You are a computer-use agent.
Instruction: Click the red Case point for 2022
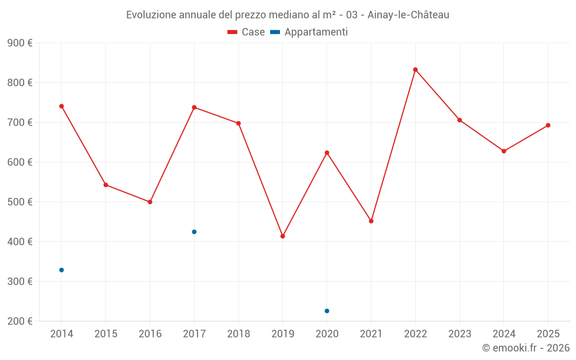click(x=415, y=70)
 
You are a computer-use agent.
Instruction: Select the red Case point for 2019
click(x=283, y=236)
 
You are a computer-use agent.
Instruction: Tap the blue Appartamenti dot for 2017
click(x=194, y=232)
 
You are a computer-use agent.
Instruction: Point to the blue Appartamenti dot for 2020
click(x=327, y=311)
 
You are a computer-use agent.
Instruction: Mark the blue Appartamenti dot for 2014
click(x=62, y=270)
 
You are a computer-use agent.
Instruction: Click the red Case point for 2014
click(x=62, y=106)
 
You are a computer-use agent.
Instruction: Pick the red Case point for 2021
click(x=371, y=221)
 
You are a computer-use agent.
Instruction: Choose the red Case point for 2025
click(x=548, y=125)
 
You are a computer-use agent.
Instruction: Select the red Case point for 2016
click(x=150, y=202)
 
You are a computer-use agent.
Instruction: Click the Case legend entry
click(x=247, y=32)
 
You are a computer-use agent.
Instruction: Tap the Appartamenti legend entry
click(x=309, y=32)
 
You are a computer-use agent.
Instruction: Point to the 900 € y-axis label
click(x=20, y=43)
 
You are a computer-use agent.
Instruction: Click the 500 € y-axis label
click(x=20, y=202)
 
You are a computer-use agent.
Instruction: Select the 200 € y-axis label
click(x=20, y=321)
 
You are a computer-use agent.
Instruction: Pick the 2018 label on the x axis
click(x=238, y=334)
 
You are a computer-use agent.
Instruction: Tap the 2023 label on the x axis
click(x=460, y=334)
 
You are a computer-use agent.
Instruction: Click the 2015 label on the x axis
click(x=106, y=334)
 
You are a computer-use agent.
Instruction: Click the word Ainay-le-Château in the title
click(x=409, y=15)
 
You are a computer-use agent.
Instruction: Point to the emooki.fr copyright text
click(x=526, y=348)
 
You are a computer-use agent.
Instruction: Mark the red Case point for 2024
click(x=504, y=151)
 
